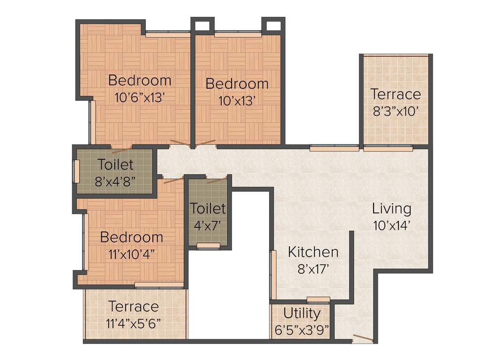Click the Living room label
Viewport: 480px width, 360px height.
(391, 209)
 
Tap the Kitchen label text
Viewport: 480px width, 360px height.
(313, 252)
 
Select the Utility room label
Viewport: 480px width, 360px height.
(302, 313)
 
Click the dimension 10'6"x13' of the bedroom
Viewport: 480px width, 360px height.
(139, 97)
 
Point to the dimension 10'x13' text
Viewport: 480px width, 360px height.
(236, 101)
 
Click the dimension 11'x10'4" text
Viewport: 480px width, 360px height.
(132, 254)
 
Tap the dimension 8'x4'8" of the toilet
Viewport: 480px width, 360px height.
(115, 181)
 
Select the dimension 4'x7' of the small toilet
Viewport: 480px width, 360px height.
(207, 225)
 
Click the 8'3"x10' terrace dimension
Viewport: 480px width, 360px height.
(396, 112)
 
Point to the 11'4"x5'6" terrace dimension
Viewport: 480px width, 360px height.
(134, 323)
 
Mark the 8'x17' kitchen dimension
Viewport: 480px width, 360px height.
(313, 269)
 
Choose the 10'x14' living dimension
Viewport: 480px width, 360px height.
(391, 225)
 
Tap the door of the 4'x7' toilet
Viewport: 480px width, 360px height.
(217, 180)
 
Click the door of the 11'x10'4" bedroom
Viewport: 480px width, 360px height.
(173, 180)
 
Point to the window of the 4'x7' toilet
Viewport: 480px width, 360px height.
(208, 245)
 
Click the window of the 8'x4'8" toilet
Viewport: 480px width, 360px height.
(75, 172)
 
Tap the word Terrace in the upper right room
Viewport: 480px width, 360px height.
(396, 94)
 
